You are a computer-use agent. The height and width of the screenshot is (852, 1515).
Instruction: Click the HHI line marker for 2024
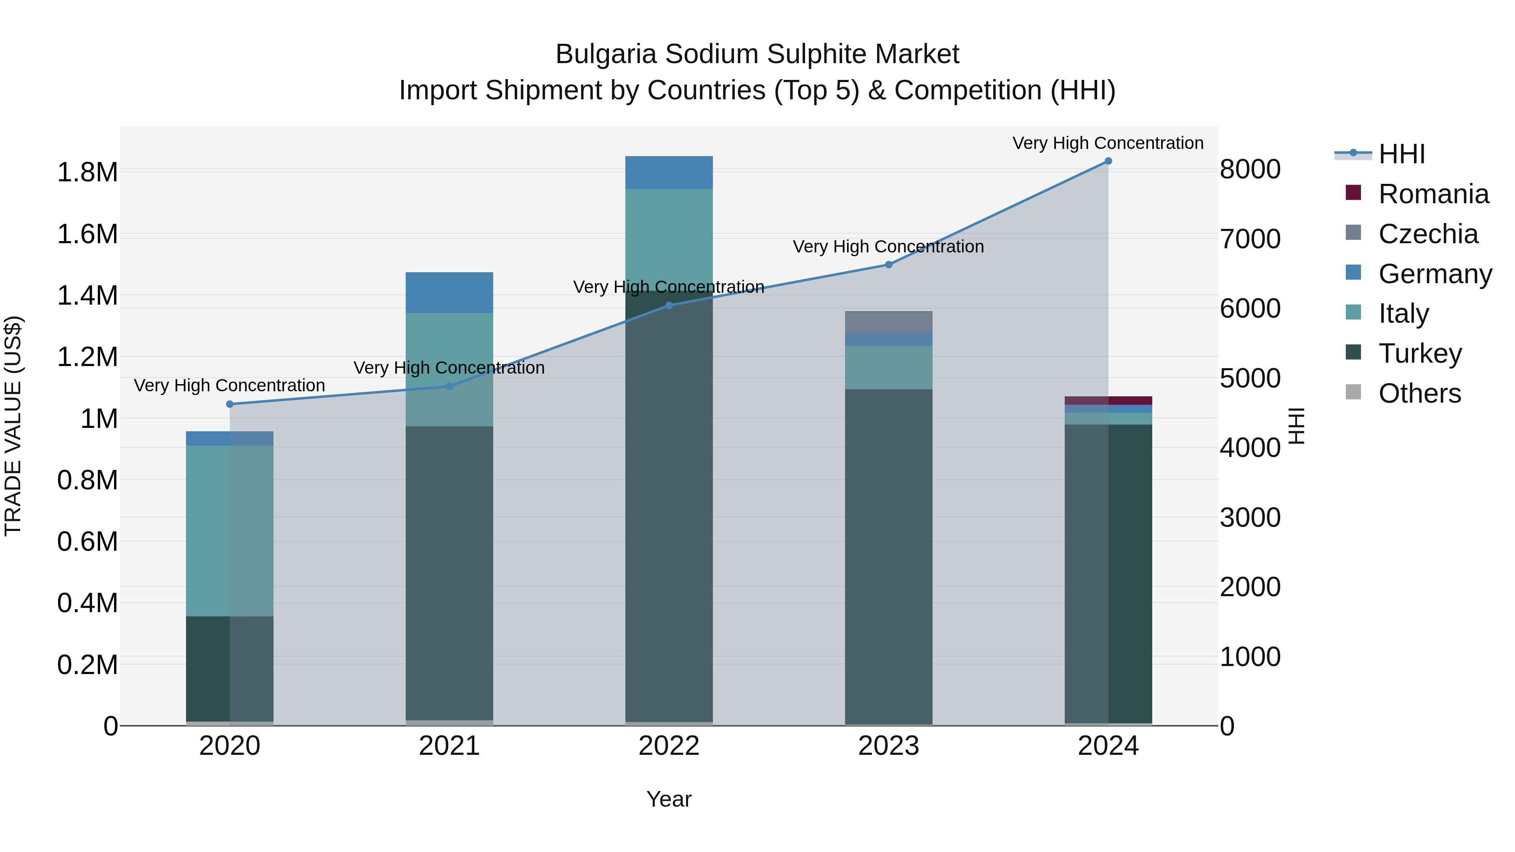(x=1108, y=161)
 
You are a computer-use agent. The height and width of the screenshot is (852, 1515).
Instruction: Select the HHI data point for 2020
(x=230, y=404)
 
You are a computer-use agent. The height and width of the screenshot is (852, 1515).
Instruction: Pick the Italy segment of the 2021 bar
(x=449, y=369)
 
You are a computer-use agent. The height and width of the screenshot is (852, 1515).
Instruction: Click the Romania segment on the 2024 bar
(x=1108, y=401)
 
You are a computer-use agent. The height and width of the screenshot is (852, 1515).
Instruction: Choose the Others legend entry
(x=1419, y=393)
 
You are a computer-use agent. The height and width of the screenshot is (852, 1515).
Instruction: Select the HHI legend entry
(x=1401, y=154)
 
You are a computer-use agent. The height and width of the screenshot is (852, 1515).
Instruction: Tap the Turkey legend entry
(x=1419, y=353)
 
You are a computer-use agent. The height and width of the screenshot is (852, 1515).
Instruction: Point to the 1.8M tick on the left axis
(x=87, y=172)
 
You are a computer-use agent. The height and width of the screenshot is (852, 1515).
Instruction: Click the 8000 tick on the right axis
(x=1250, y=169)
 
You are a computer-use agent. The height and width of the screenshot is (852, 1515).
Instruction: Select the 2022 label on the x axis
(x=669, y=746)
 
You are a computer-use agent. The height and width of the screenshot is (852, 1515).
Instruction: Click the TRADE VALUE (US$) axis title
(x=13, y=426)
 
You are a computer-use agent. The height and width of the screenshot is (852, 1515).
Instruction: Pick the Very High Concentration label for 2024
(x=1108, y=143)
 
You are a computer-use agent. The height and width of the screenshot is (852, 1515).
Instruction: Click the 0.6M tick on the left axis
(x=87, y=541)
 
